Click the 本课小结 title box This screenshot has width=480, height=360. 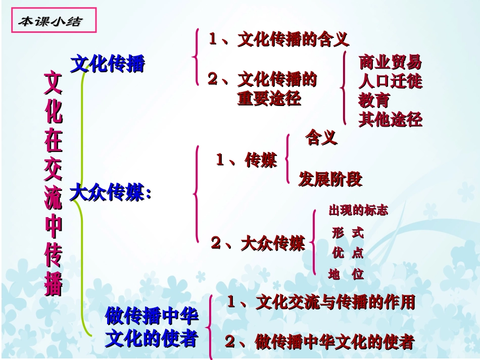tap(50, 21)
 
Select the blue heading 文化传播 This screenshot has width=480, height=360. tap(108, 64)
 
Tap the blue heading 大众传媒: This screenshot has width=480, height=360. tap(111, 193)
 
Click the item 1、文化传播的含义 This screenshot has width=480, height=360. tap(278, 39)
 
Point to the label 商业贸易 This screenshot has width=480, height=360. tap(390, 63)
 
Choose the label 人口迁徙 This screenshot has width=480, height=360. tap(390, 81)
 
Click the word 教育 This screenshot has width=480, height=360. tap(374, 100)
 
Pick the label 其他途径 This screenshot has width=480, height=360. tap(390, 120)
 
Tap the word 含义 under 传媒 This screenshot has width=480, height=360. tap(321, 138)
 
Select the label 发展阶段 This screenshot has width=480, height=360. tap(330, 179)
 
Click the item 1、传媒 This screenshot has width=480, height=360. tap(247, 161)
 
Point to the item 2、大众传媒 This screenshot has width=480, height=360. tap(258, 243)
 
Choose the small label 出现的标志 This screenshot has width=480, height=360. tap(358, 211)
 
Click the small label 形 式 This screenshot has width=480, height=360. tap(348, 233)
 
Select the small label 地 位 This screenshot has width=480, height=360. tap(346, 275)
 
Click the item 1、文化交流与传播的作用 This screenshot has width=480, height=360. tap(321, 302)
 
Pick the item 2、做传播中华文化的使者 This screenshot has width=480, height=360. tap(319, 342)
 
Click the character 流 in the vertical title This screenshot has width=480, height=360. tap(54, 199)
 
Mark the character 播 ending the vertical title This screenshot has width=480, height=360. tap(54, 284)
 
